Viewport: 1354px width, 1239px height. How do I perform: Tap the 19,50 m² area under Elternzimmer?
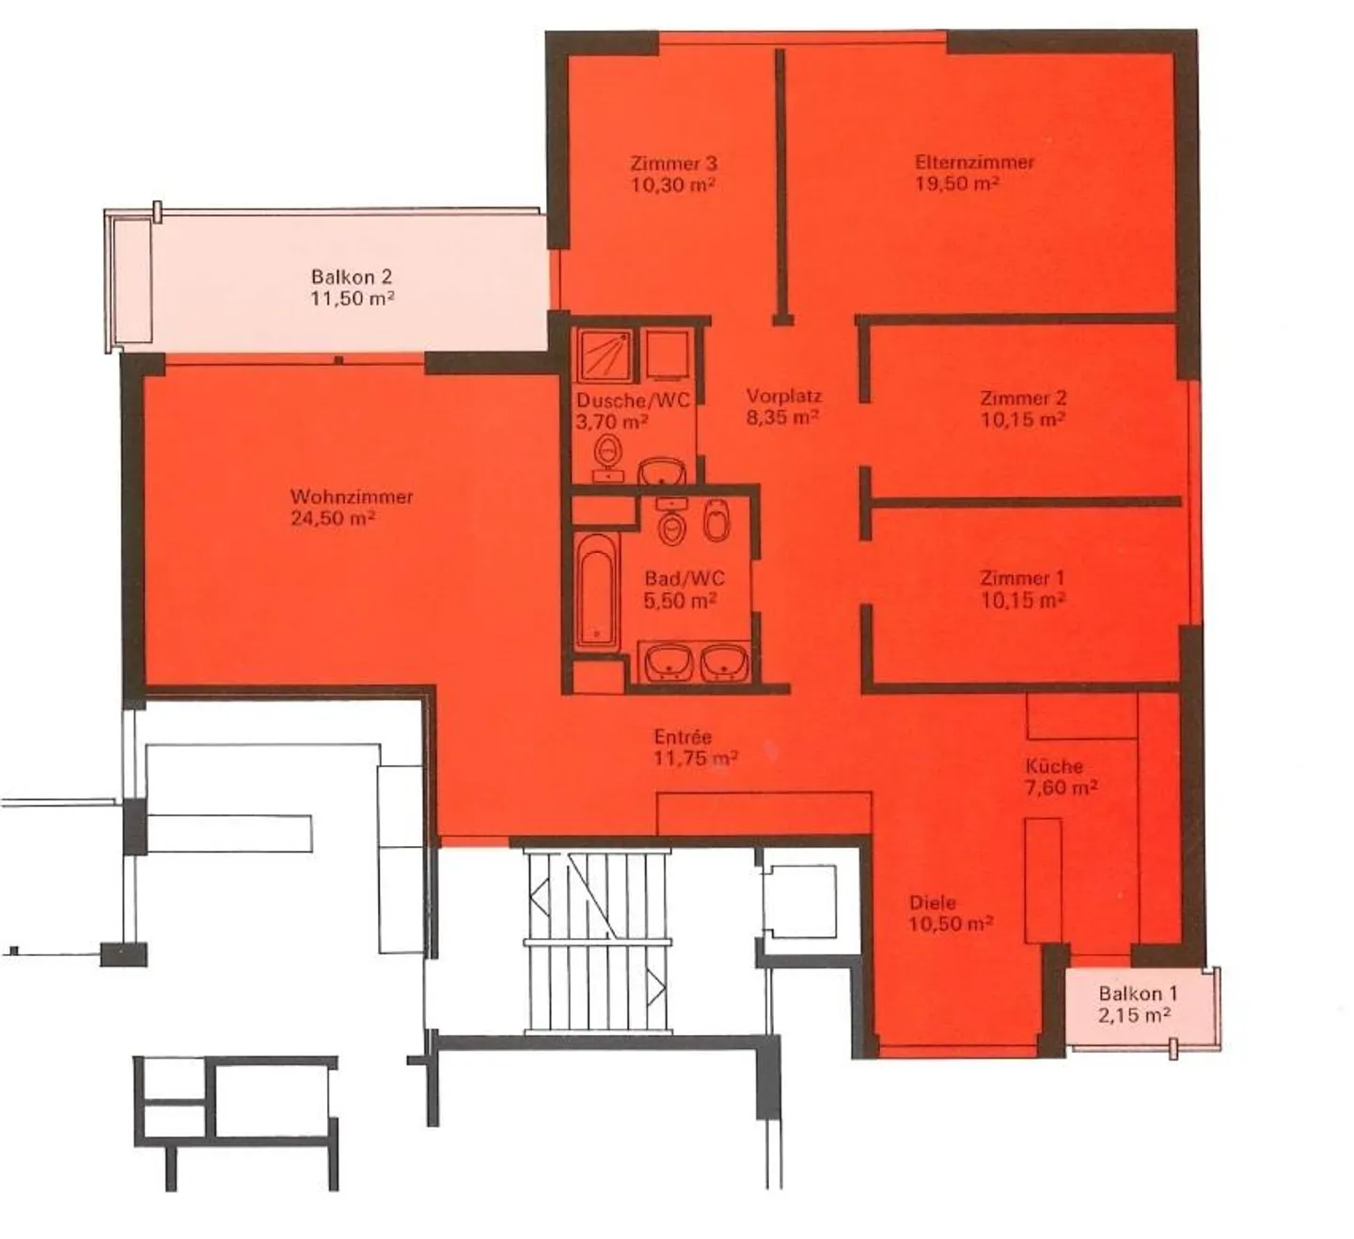click(956, 183)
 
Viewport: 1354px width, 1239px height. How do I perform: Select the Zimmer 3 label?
click(673, 164)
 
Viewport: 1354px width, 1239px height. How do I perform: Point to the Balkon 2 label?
click(351, 277)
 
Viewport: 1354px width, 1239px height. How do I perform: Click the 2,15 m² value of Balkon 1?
click(1134, 1015)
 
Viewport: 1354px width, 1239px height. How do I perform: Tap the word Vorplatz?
click(783, 396)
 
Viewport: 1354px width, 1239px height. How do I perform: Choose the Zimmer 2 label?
click(1023, 398)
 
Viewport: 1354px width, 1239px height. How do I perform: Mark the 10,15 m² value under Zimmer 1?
click(1023, 600)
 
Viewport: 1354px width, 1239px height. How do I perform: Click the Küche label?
click(1054, 766)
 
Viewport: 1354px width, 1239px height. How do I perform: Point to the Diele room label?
click(933, 902)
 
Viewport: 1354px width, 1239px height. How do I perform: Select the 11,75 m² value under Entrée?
click(695, 758)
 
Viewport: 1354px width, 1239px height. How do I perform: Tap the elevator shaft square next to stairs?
click(798, 900)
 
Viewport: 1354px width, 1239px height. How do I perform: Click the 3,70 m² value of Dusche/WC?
click(611, 422)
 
